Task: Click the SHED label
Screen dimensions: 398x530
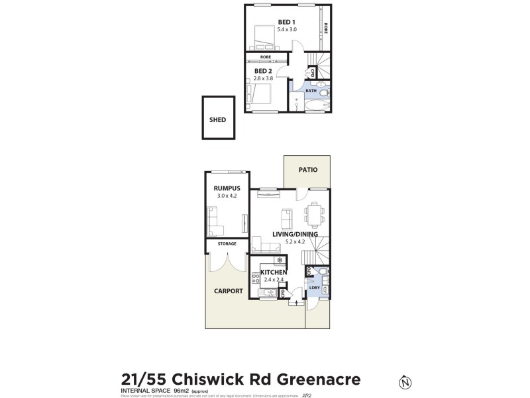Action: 217,120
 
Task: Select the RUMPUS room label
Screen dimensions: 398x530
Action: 226,188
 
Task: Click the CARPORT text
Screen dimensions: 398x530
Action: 228,291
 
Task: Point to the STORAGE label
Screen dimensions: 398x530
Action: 226,243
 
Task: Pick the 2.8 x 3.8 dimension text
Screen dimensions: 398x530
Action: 263,78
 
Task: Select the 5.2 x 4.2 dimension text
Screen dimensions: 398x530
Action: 295,241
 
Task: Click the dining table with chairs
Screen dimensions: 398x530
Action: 314,214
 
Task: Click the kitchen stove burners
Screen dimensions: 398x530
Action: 256,278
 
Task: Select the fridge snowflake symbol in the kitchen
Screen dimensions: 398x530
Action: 280,260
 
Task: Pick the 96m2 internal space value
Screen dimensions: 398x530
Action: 180,391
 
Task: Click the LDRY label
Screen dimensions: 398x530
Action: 314,288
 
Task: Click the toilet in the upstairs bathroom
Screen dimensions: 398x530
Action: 323,95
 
